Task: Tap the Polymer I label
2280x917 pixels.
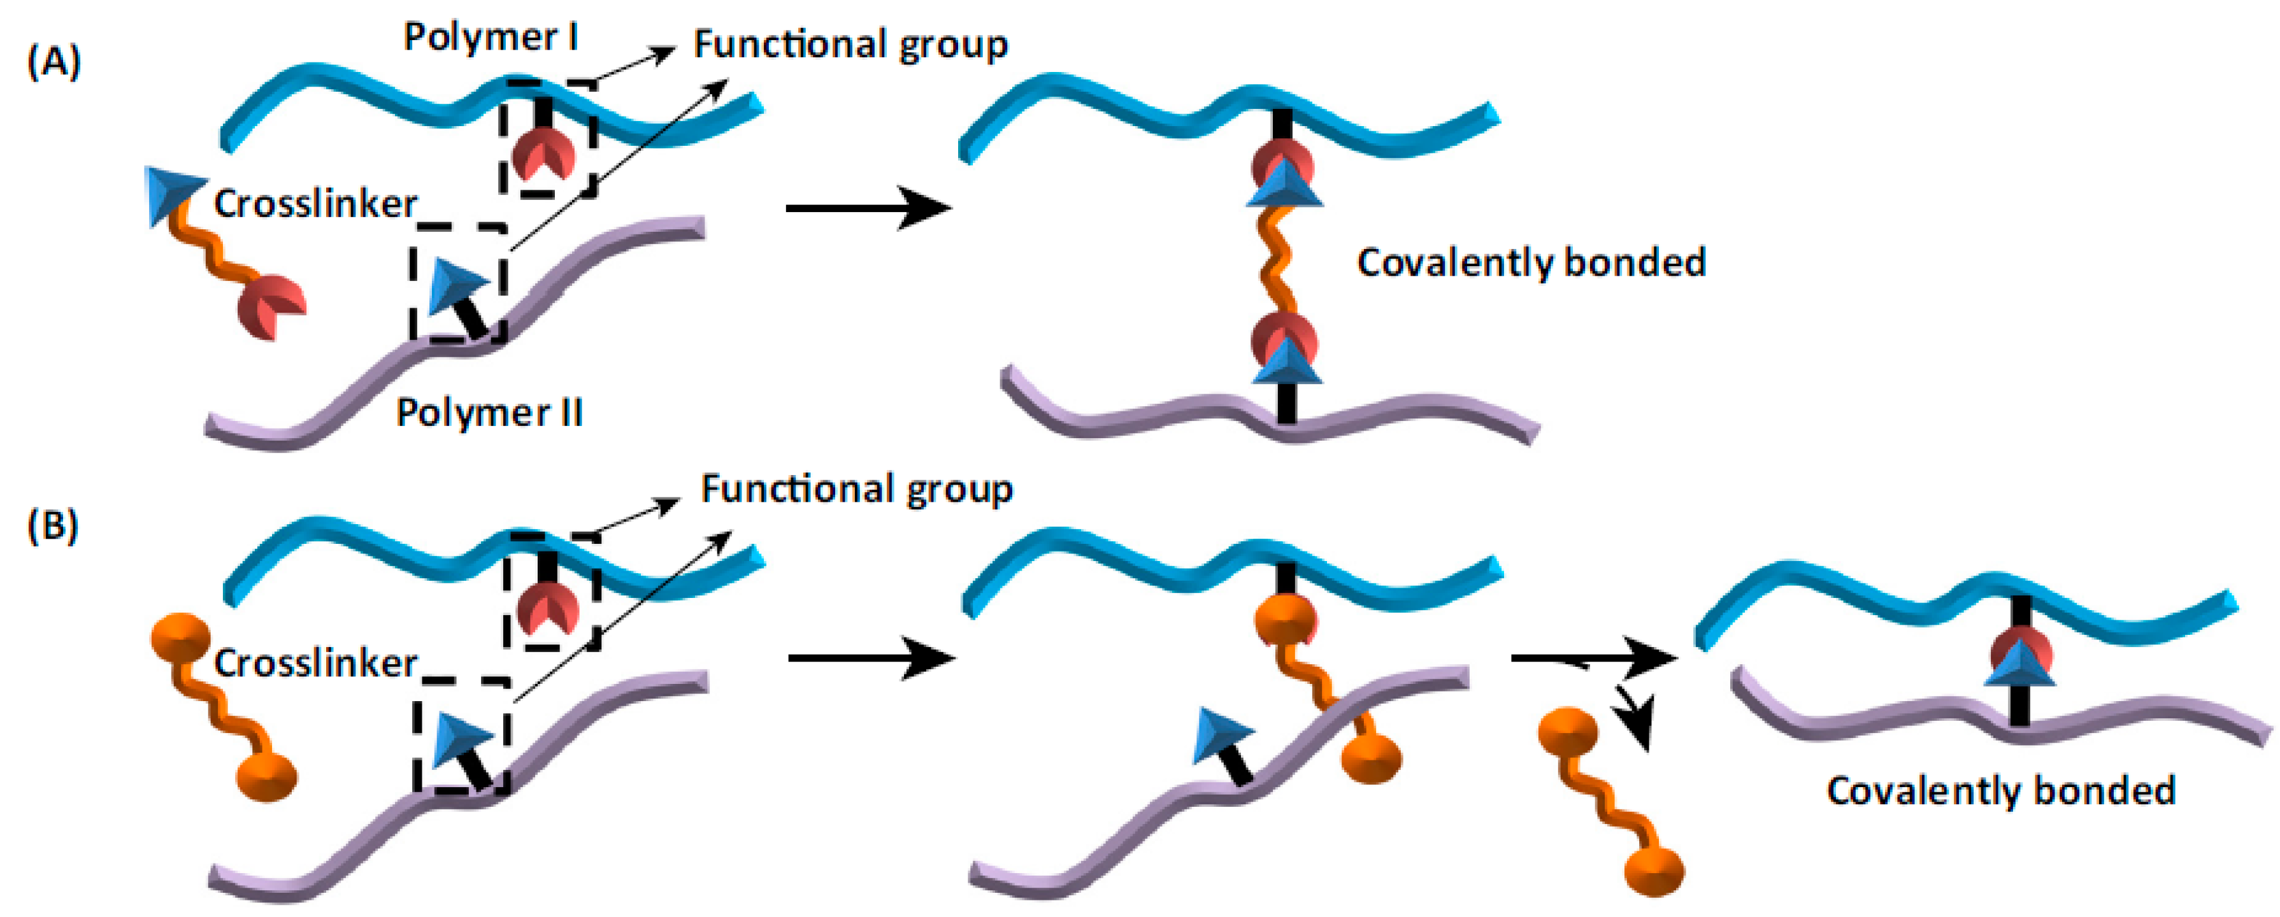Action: click(491, 37)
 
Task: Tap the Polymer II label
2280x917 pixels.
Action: click(489, 413)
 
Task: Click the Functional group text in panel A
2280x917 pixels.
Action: click(850, 44)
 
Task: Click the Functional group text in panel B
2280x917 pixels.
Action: click(856, 488)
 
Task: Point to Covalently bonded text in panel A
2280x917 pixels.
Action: click(1531, 263)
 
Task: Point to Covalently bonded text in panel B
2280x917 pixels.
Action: click(2000, 790)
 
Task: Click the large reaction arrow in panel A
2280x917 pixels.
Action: click(868, 209)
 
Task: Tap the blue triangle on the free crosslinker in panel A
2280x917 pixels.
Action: click(173, 195)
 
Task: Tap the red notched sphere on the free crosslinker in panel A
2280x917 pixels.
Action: click(270, 306)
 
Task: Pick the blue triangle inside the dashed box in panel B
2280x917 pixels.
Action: click(460, 739)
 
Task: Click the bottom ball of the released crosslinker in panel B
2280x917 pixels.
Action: click(1653, 871)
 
